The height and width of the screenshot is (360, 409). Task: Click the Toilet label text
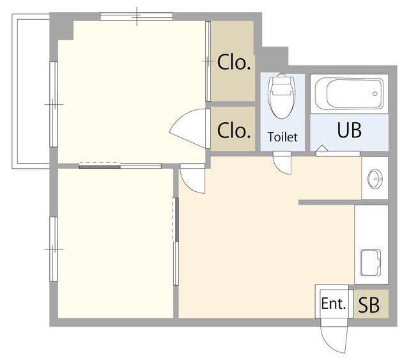282,137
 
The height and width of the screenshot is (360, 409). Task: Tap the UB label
350,130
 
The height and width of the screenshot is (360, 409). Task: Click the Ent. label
334,303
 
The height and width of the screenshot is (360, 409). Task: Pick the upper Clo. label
234,62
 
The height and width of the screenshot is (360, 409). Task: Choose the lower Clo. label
234,130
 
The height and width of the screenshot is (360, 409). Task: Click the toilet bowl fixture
281,96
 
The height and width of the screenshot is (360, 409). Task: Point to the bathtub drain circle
375,94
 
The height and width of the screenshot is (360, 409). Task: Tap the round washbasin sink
375,178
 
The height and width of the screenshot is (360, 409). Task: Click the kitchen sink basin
371,263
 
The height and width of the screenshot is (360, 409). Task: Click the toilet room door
282,162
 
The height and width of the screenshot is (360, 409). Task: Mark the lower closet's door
190,129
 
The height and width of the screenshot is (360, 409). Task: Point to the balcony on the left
31,91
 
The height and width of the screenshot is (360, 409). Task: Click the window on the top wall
136,17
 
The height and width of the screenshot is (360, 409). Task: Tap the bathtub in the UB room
350,93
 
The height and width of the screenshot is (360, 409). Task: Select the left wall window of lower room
54,249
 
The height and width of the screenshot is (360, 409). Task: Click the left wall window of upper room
54,104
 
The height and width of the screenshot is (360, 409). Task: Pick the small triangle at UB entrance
322,148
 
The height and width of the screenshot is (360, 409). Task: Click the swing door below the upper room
193,178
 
